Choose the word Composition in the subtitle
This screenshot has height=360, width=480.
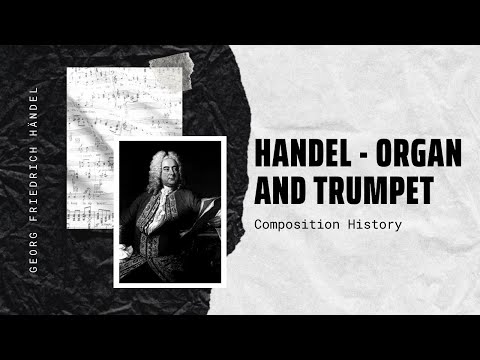297,225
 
